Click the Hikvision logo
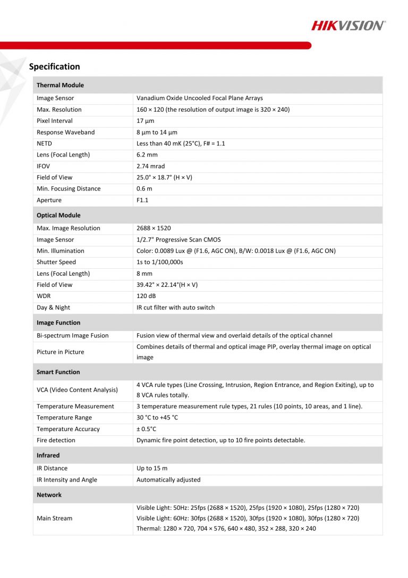pos(348,26)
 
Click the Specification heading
pos(54,67)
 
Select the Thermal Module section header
pos(60,85)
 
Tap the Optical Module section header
pos(58,216)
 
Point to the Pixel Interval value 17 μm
pos(146,121)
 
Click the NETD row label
pos(44,144)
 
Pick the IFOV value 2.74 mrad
pos(150,166)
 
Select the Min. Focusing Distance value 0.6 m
pos(144,189)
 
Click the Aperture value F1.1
pos(142,200)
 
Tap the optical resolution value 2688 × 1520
pos(154,228)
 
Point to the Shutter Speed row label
pos(56,262)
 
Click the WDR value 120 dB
pos(146,296)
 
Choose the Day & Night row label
pos(53,308)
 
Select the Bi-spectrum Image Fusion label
pos(72,336)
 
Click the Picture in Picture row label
pos(60,352)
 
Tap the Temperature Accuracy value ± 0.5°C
pos(146,429)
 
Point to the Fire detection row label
pos(56,440)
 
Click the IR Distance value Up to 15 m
pos(152,468)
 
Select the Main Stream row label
pos(54,518)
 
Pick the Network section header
pos(49,495)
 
